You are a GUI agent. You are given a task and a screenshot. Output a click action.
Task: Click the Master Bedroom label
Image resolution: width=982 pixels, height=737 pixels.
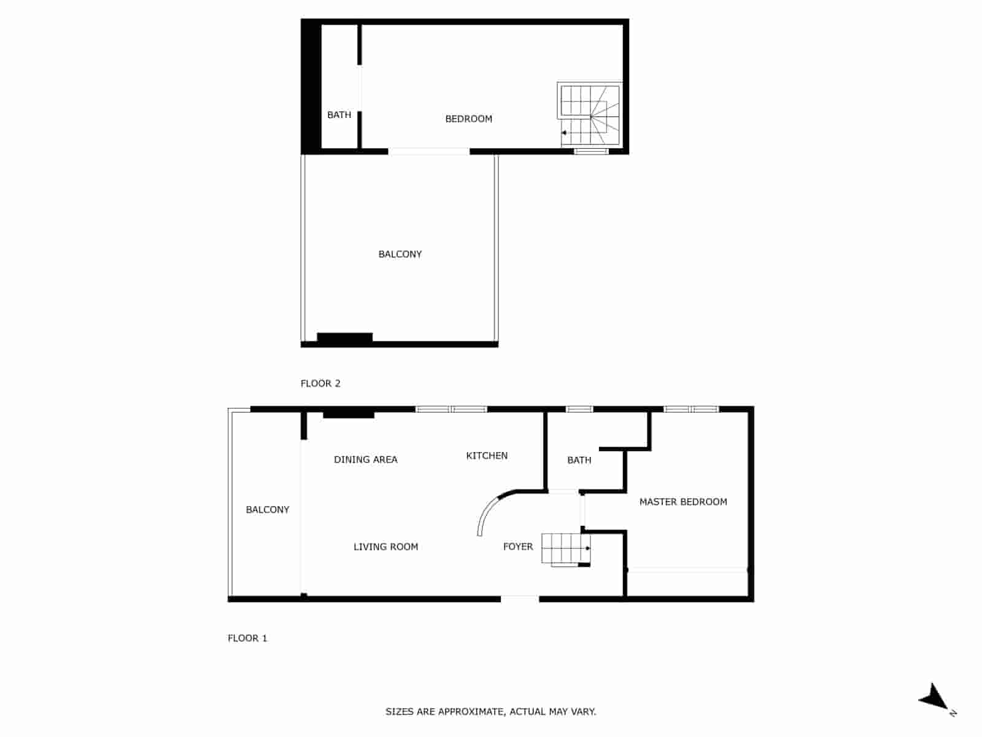[683, 502]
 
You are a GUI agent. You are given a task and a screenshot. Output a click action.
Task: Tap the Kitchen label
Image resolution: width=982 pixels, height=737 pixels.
[487, 456]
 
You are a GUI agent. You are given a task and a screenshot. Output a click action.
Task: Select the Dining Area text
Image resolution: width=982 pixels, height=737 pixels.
[365, 459]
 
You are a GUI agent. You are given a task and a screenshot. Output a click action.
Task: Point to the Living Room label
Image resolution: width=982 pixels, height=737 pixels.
[385, 547]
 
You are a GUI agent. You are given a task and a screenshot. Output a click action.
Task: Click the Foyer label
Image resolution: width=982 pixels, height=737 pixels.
[518, 547]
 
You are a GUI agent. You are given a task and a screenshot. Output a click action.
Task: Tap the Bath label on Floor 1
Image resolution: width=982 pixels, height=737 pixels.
[579, 460]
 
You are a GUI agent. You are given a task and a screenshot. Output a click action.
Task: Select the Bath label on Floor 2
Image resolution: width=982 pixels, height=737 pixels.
[339, 115]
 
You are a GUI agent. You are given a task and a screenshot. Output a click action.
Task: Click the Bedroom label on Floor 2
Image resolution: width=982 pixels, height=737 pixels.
[468, 119]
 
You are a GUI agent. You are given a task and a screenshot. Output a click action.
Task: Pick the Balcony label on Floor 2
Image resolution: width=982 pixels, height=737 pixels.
[400, 254]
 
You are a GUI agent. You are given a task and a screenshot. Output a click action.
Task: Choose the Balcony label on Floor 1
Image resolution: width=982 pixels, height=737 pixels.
[267, 510]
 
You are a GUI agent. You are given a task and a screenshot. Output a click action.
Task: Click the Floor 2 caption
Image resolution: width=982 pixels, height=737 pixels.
[320, 383]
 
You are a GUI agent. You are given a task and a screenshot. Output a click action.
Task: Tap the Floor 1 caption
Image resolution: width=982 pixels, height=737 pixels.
[247, 638]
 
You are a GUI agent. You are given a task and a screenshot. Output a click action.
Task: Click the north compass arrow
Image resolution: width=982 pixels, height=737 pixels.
[934, 698]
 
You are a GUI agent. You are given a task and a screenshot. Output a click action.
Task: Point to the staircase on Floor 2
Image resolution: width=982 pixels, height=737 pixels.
[590, 115]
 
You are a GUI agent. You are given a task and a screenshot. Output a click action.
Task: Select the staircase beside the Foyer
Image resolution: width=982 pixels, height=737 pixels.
[565, 548]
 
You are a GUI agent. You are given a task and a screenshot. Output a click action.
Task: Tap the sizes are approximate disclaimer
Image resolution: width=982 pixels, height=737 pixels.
[490, 712]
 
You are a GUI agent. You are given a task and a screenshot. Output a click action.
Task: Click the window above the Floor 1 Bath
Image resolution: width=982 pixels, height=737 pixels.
[579, 409]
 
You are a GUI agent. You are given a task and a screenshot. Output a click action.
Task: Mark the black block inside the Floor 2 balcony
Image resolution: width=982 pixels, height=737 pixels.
[344, 338]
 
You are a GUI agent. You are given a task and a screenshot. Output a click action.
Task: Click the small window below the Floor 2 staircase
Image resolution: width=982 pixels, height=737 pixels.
[591, 151]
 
